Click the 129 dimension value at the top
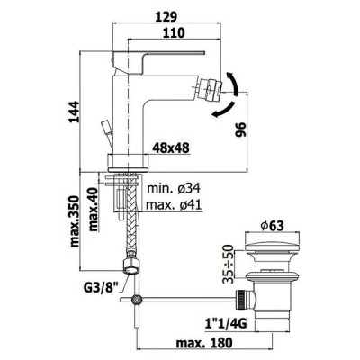(166, 16)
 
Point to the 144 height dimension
(74, 112)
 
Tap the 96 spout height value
(240, 130)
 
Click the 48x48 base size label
(171, 148)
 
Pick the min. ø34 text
(174, 189)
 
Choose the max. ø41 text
(174, 205)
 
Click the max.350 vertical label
(75, 221)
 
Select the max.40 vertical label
(94, 210)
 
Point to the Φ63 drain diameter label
(272, 226)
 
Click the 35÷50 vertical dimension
(229, 265)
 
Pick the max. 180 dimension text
(204, 343)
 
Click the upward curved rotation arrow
(233, 84)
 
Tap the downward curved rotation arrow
(223, 110)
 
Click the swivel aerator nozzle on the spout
(210, 89)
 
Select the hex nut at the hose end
(131, 266)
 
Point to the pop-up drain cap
(272, 247)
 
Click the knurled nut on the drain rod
(241, 300)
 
